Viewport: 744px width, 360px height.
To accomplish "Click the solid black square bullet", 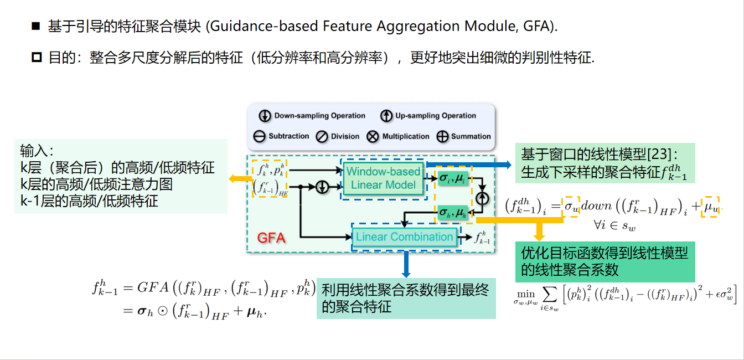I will point(36,26).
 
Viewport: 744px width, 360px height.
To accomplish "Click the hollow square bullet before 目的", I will point(36,57).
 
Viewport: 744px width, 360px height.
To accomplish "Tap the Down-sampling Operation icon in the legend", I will point(265,116).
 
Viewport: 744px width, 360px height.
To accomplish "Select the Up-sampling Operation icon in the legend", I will point(386,116).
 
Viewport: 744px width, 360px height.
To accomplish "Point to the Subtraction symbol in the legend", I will point(260,136).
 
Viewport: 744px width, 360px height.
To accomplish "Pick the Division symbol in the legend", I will point(322,136).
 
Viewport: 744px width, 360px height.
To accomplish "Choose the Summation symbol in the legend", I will point(442,136).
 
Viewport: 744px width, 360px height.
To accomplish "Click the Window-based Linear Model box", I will point(383,178).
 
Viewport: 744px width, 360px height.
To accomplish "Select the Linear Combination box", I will point(404,237).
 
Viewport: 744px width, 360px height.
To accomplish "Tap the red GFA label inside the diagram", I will point(271,238).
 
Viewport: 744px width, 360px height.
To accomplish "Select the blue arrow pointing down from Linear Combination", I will point(406,264).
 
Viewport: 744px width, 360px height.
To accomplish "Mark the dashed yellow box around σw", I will point(570,205).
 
